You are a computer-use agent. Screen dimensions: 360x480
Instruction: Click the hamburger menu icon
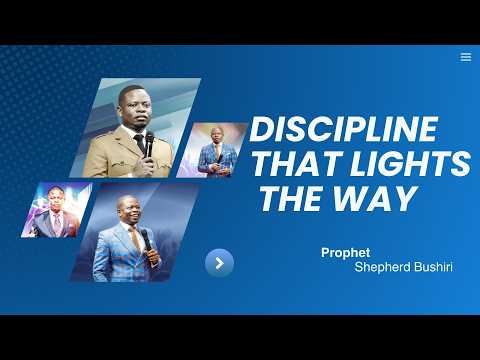click(x=465, y=57)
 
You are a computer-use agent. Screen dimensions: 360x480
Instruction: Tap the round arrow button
click(x=219, y=263)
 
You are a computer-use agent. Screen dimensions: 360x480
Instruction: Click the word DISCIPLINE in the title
click(x=343, y=131)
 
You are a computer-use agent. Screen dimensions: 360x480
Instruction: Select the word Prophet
click(x=340, y=254)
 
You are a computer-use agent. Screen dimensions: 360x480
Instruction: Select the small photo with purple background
click(x=55, y=210)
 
